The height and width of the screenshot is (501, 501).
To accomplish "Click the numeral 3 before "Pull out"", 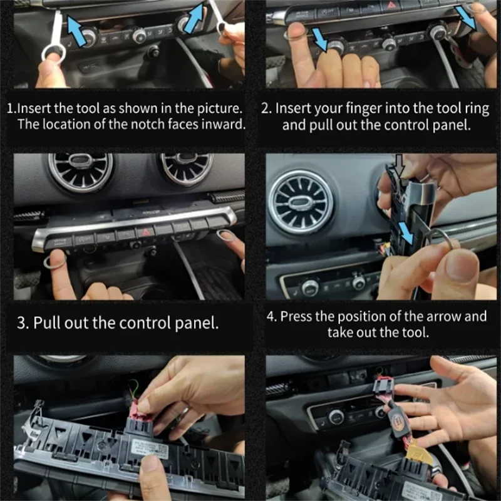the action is click(23, 323).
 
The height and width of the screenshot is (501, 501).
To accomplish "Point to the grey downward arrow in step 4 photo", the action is click(400, 165).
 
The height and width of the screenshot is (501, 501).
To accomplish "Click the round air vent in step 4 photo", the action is click(301, 202).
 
